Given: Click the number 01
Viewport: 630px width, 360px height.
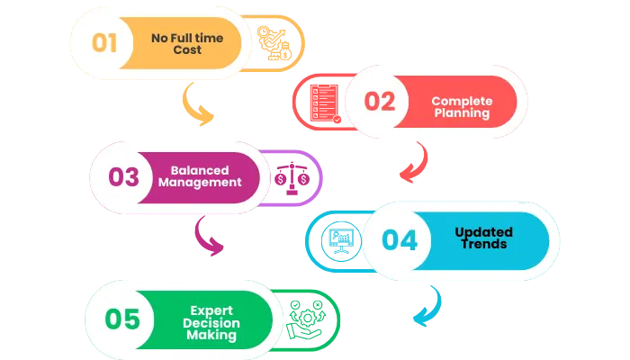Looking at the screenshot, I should pyautogui.click(x=105, y=42).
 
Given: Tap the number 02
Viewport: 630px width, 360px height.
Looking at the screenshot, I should pyautogui.click(x=380, y=102).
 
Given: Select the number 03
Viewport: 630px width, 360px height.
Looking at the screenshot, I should pyautogui.click(x=124, y=176).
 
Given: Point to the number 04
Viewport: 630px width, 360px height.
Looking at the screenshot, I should pyautogui.click(x=399, y=239).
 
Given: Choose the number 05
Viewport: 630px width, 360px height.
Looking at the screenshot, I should pyautogui.click(x=121, y=319).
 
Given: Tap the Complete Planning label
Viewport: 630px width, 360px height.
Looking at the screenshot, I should pyautogui.click(x=460, y=107).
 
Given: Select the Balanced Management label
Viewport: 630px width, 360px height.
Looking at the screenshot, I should pyautogui.click(x=200, y=175).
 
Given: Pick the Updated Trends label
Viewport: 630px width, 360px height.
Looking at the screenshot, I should pyautogui.click(x=481, y=238).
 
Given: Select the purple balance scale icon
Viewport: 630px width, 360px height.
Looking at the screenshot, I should pyautogui.click(x=292, y=176).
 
